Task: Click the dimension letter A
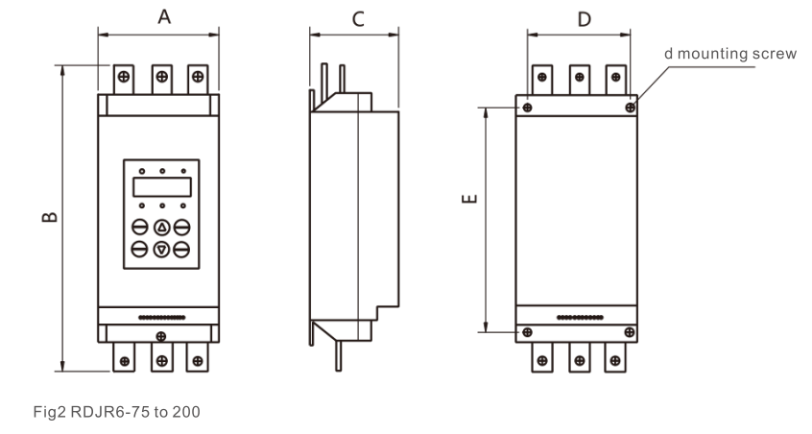point(164,16)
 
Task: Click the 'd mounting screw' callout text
point(730,54)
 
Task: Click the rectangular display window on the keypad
point(161,187)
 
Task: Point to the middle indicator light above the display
point(161,171)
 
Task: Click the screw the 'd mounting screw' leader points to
point(631,108)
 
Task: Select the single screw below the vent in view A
point(160,336)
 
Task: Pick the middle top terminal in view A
point(161,76)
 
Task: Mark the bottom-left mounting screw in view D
point(525,332)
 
